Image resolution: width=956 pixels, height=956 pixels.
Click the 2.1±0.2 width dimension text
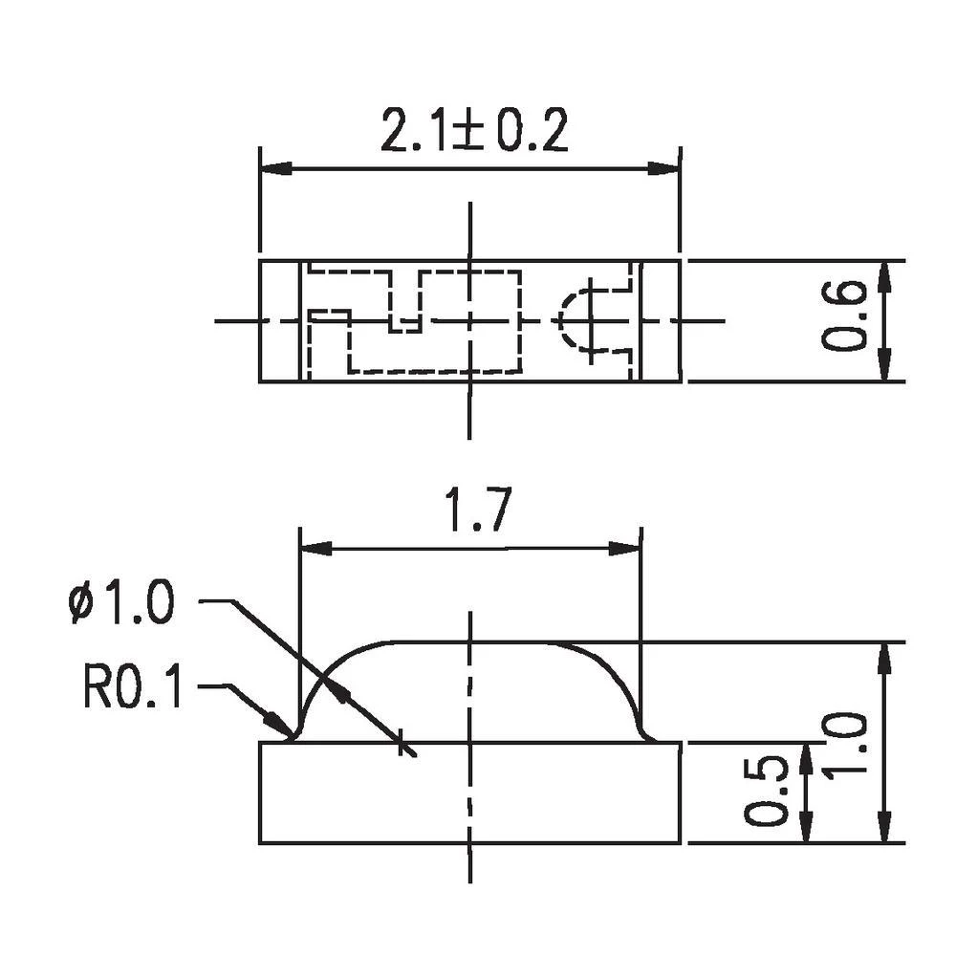coord(474,132)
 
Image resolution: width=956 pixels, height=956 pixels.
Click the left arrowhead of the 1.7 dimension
coord(315,550)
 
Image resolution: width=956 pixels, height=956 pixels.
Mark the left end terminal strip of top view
coord(281,320)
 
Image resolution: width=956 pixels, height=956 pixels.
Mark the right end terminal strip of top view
coord(660,320)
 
